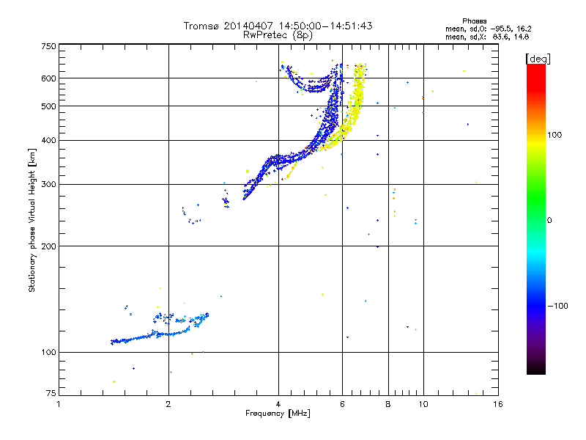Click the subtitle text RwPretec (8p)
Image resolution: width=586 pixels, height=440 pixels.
coord(278,35)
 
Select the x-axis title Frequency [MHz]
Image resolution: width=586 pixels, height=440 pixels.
coord(278,414)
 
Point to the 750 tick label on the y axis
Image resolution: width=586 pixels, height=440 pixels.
coord(48,46)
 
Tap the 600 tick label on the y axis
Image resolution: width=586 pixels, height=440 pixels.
coord(48,78)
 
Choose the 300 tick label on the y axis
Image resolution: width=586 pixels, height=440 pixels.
coord(48,185)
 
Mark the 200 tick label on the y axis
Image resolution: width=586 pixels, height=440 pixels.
coord(48,246)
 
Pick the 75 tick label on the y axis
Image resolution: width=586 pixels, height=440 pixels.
coord(51,393)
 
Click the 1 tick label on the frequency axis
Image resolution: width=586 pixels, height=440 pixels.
coord(59,404)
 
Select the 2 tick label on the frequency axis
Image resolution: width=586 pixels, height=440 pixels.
coord(168,404)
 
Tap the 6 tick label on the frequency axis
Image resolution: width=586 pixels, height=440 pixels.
coord(342,404)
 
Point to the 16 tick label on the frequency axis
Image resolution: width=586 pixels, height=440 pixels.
coord(498,404)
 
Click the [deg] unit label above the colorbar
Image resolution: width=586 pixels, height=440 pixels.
coord(538,59)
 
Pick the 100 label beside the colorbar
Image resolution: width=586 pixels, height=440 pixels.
coord(555,135)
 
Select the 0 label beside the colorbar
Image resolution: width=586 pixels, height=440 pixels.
coord(549,221)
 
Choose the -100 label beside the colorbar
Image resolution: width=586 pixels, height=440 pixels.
coord(557,306)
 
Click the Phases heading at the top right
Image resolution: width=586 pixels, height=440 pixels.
coord(474,21)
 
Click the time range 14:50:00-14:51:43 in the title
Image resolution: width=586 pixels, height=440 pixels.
coord(325,26)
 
